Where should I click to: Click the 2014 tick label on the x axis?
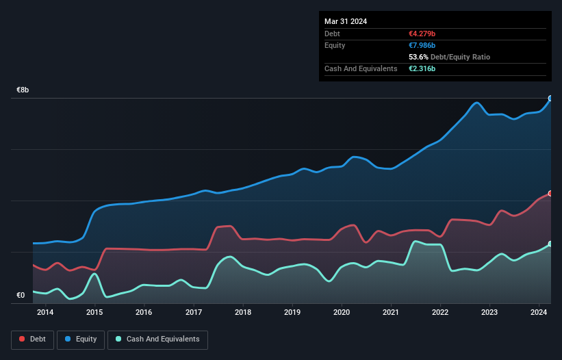45,313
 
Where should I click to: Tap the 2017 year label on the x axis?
194,313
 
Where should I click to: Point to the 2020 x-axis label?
342,313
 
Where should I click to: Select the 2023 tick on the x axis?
489,313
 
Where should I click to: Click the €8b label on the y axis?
23,90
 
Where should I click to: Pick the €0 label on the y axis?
21,296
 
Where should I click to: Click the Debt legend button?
32,339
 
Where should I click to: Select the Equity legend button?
81,339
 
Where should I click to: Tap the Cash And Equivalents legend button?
157,339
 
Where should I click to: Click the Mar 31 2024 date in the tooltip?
346,21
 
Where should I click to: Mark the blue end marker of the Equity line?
550,99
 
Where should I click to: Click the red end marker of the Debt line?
550,194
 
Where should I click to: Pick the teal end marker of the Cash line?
550,244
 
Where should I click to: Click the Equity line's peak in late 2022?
477,103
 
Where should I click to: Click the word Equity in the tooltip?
335,45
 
